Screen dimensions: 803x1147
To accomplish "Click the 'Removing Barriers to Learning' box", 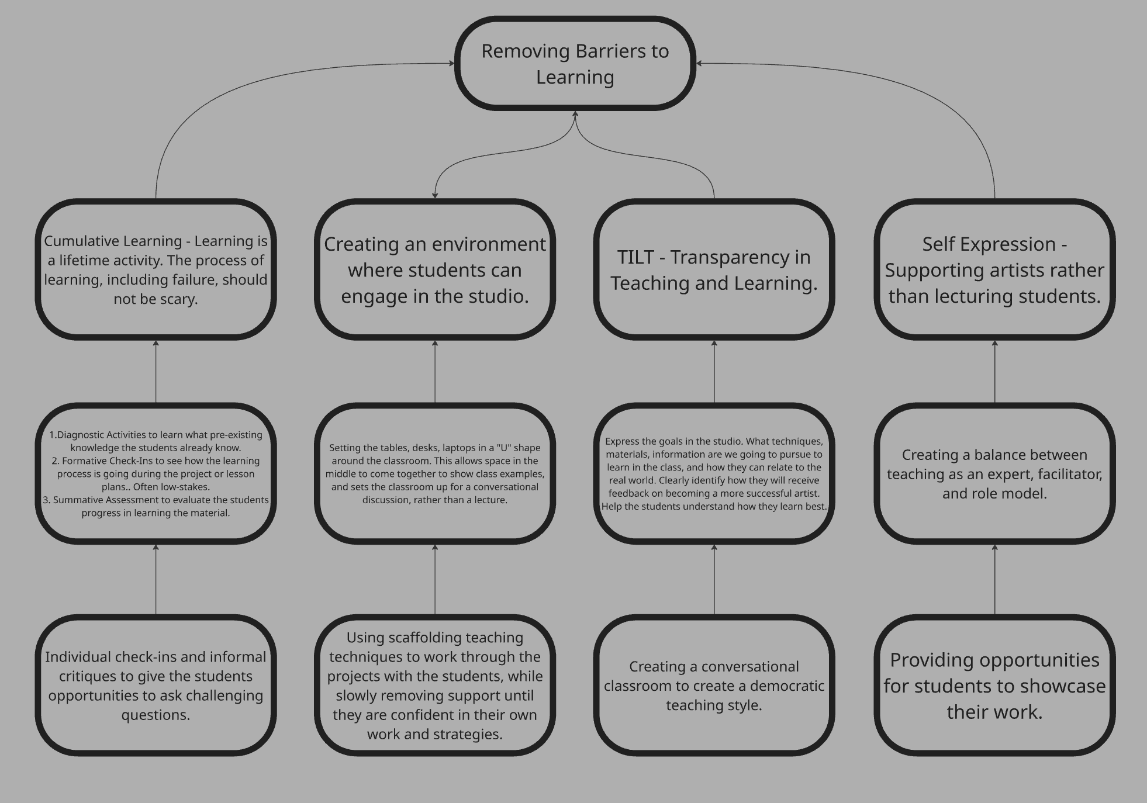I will pyautogui.click(x=575, y=63).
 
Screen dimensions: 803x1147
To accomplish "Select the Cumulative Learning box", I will pyautogui.click(x=156, y=269).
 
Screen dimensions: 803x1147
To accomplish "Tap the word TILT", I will pyautogui.click(x=635, y=257).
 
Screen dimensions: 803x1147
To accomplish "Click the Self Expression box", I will pyautogui.click(x=994, y=269).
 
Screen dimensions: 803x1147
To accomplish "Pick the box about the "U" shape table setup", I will pyautogui.click(x=434, y=473).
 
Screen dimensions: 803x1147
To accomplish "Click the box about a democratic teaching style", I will pyautogui.click(x=714, y=685).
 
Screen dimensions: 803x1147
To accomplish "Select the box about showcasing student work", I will pyautogui.click(x=994, y=685).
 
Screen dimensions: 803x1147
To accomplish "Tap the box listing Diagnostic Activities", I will pyautogui.click(x=156, y=473).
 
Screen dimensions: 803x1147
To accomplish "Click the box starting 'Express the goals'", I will pyautogui.click(x=714, y=473).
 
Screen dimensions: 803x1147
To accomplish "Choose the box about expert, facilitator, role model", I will pyautogui.click(x=994, y=473).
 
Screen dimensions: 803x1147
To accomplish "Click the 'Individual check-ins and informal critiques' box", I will pyautogui.click(x=156, y=685).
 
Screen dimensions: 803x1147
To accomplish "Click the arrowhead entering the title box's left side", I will pyautogui.click(x=451, y=63).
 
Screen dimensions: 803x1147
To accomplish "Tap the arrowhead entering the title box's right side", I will pyautogui.click(x=699, y=63).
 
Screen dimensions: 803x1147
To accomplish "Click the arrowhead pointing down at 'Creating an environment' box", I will pyautogui.click(x=435, y=195).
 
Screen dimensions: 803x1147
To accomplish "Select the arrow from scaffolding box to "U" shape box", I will pyautogui.click(x=435, y=579).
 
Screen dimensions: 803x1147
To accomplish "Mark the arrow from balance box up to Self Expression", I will pyautogui.click(x=995, y=371).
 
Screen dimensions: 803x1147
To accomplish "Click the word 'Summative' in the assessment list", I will pyautogui.click(x=78, y=500).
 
